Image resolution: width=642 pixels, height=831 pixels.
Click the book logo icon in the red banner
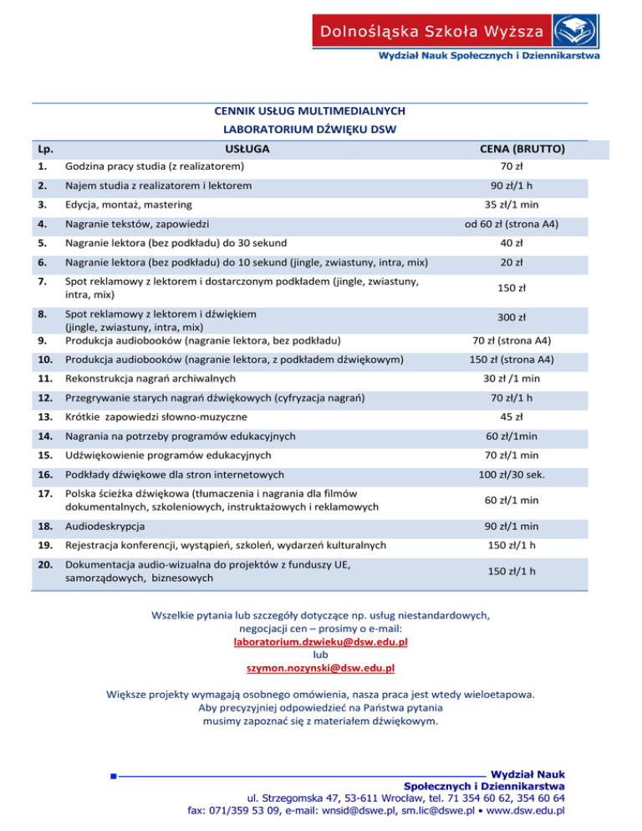click(577, 33)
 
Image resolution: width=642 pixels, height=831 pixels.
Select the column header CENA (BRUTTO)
click(523, 149)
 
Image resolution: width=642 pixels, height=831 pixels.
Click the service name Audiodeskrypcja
click(104, 527)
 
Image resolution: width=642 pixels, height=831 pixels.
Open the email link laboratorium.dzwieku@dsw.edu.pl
click(320, 642)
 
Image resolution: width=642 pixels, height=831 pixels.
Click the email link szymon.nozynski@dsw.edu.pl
click(320, 668)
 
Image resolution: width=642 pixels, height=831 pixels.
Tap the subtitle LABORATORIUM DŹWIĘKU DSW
click(309, 129)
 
